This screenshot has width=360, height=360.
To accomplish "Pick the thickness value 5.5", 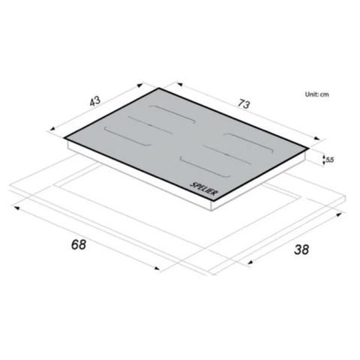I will click(330, 159).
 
